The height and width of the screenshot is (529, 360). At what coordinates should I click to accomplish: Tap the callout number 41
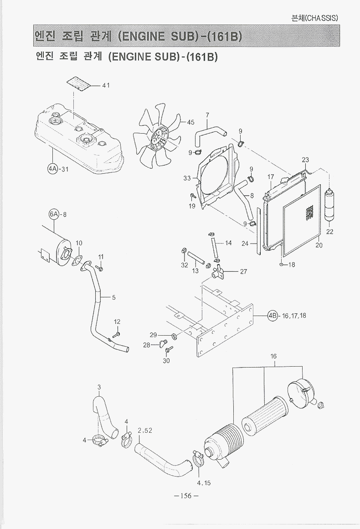click(106, 85)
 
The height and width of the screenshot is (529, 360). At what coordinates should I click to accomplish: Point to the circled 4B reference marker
click(272, 316)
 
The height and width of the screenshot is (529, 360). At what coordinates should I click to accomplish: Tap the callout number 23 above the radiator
click(305, 160)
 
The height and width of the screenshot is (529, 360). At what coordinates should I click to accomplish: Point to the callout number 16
click(273, 356)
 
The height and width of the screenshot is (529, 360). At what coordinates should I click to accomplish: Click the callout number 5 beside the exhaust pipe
click(113, 297)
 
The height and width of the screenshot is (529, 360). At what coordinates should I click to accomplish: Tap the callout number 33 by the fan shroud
click(187, 178)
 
